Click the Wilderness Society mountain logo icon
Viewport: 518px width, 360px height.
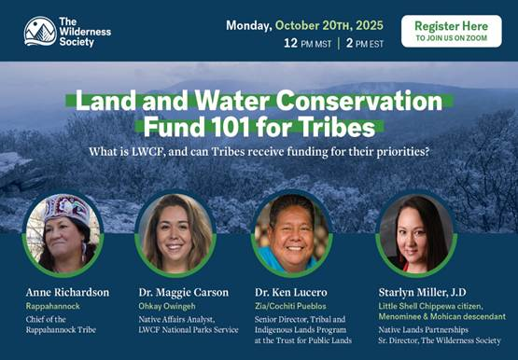click(40, 32)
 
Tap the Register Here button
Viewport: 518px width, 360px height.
click(452, 31)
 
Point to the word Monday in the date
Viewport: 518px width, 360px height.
click(249, 26)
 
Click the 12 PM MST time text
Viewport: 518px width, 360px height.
click(307, 43)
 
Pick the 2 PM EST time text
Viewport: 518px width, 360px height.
click(365, 43)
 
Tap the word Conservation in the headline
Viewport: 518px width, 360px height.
click(359, 101)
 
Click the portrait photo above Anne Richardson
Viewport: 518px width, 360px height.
click(63, 233)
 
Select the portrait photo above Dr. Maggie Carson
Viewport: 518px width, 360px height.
click(175, 233)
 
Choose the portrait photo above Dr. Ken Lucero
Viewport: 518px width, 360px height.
click(292, 233)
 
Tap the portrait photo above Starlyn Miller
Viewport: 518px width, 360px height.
click(416, 233)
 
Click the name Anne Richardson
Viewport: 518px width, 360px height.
click(67, 292)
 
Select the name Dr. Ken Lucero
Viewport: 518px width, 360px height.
click(291, 292)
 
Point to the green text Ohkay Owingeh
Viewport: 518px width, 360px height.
click(167, 307)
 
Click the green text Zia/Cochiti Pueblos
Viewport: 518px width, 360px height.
click(290, 306)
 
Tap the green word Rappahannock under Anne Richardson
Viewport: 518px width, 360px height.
click(53, 307)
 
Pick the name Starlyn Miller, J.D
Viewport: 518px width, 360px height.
click(422, 292)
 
